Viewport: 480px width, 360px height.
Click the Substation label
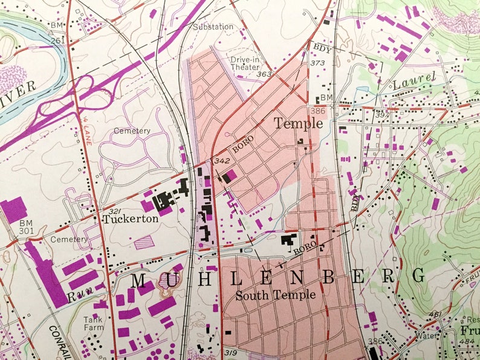coord(213,27)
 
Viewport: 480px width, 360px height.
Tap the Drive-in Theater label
coord(245,63)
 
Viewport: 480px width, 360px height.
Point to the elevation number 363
coord(264,74)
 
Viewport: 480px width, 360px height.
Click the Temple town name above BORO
coord(298,124)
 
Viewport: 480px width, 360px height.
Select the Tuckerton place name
coord(130,219)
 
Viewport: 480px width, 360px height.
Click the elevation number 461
coord(434,314)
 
